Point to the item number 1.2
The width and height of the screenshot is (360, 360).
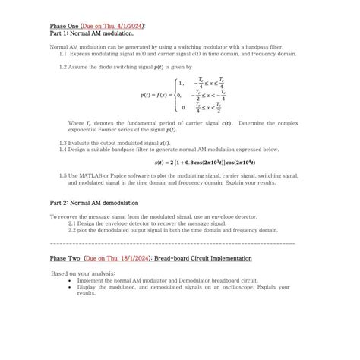63,67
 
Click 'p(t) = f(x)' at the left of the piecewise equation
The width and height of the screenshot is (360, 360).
156,95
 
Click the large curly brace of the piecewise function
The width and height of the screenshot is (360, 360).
175,95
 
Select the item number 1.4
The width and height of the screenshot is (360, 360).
63,149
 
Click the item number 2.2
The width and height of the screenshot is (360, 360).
73,230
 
